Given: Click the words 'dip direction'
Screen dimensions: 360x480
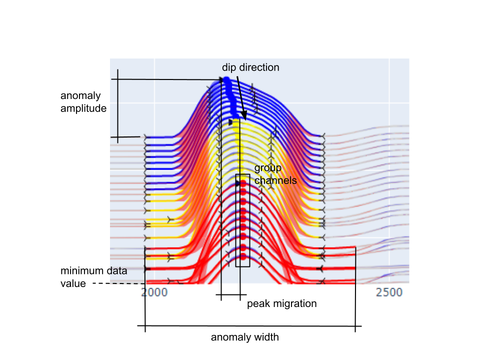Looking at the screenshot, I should click(250, 67).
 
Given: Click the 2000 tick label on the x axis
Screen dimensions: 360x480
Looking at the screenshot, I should click(154, 292).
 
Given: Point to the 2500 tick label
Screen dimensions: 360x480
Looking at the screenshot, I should click(389, 292).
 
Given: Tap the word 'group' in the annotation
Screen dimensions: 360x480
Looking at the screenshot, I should click(268, 168).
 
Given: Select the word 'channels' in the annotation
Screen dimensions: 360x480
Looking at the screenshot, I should click(275, 180).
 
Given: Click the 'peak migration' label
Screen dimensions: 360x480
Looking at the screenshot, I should click(281, 303).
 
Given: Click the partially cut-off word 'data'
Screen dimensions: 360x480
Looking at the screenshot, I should click(118, 271).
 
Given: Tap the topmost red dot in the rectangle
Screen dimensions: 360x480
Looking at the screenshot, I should click(243, 183).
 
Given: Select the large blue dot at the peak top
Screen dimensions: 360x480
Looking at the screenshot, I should click(226, 80).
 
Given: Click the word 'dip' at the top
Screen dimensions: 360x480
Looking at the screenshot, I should click(229, 67).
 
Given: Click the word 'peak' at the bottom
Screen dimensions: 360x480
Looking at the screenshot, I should click(257, 303).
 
